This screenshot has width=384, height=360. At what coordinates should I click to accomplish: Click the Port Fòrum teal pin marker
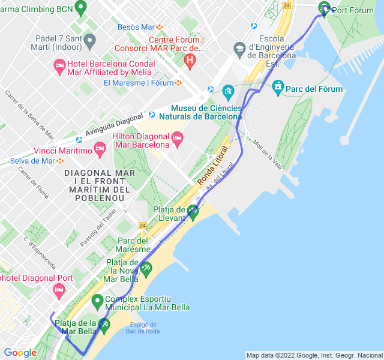coord(325,8)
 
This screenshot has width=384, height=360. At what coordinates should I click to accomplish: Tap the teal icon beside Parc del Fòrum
coord(278,88)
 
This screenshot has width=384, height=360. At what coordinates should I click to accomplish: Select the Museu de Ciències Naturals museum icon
coord(228,92)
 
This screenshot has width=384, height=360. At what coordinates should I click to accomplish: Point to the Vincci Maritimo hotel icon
coord(100,150)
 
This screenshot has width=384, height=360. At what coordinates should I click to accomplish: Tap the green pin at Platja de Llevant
coord(193,212)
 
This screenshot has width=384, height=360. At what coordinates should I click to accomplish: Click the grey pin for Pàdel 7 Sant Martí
coord(90,41)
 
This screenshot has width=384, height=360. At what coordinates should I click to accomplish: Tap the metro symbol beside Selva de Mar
coord(60,161)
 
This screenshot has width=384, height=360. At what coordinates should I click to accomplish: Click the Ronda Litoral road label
coord(213,165)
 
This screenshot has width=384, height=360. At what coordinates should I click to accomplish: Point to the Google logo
coord(20,353)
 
